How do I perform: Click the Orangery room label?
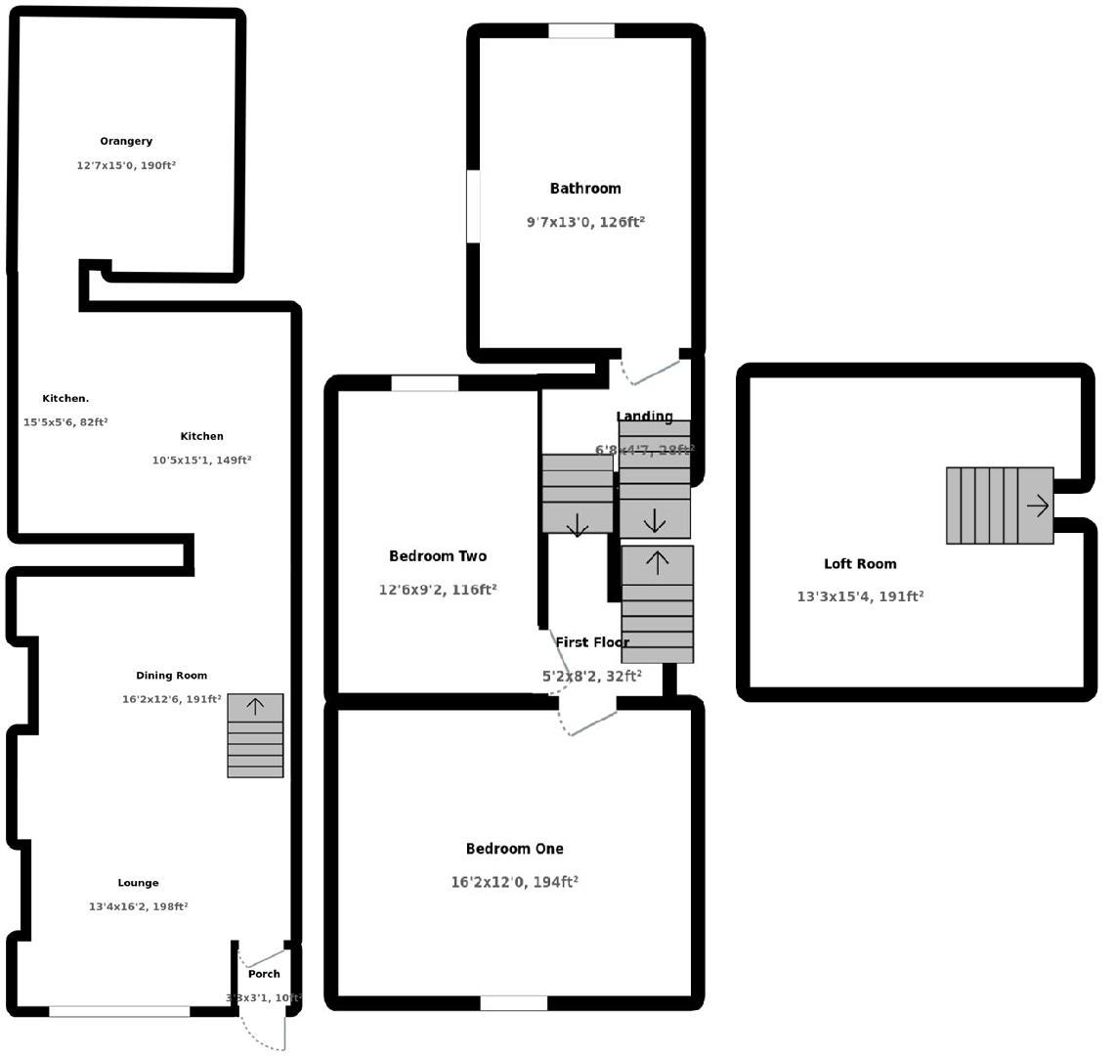coord(126,142)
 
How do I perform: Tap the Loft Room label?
coord(860,564)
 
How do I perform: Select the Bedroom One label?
coord(514,849)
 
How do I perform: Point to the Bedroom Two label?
coord(438,556)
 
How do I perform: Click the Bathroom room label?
coord(585,189)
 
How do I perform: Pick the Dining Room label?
coord(172,676)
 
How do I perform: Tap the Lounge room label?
coord(138,883)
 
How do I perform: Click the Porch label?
coord(264,974)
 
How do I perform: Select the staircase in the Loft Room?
coord(999,506)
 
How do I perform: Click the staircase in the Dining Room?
coord(255,735)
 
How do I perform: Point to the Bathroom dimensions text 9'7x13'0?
coord(585,222)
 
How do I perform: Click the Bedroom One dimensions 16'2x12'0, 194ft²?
coord(514,882)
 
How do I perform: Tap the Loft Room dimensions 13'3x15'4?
coord(860,596)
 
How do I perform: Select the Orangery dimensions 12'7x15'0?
coord(126,166)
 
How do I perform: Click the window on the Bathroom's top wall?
coord(581,31)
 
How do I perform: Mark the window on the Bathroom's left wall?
coord(474,206)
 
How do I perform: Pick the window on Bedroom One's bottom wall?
coord(514,1003)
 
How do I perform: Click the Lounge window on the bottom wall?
coord(119,1011)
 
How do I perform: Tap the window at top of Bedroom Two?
coord(425,383)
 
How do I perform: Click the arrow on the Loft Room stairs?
coord(1037,506)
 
